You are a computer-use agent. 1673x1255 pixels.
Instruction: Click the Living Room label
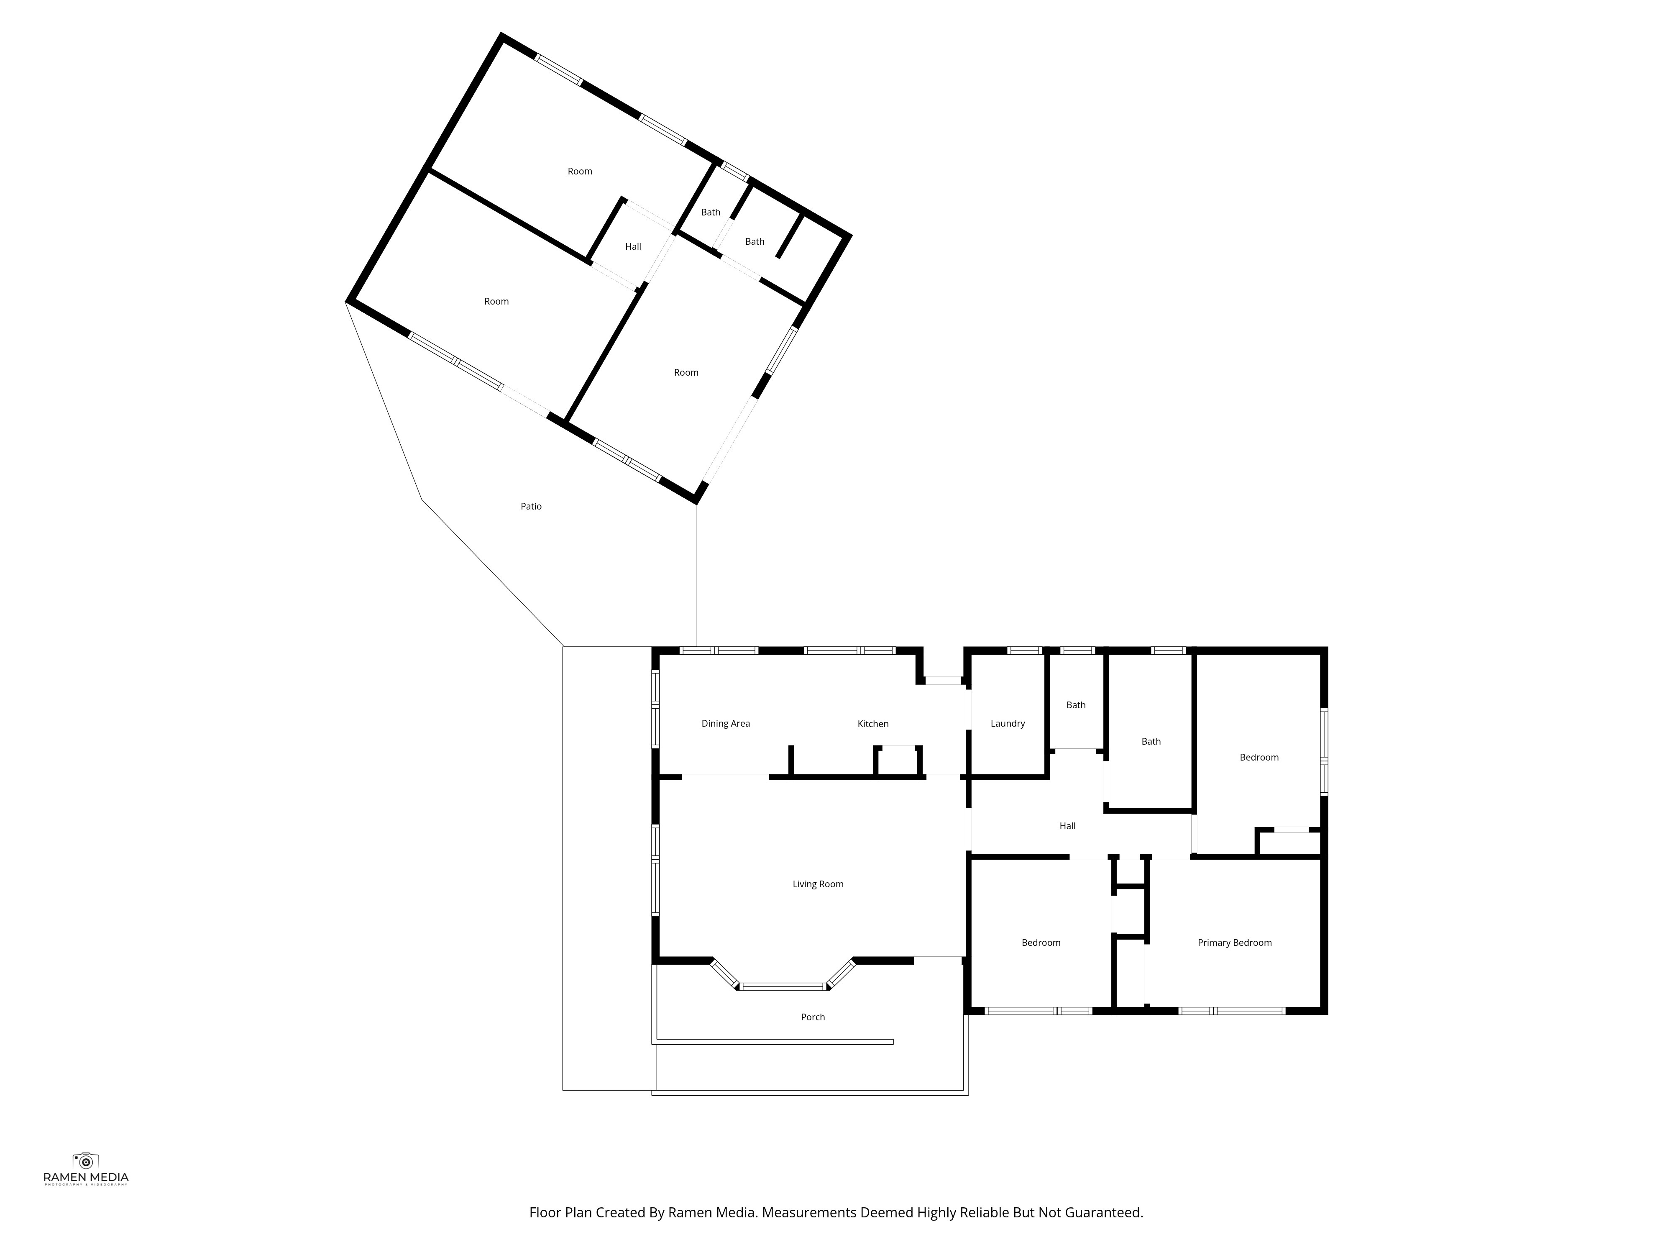point(818,884)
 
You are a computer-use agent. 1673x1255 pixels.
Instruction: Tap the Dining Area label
point(725,723)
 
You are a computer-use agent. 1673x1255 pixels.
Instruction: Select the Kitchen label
point(873,724)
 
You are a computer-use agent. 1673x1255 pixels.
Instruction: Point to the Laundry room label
point(1008,723)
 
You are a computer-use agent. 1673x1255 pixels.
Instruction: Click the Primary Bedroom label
point(1234,943)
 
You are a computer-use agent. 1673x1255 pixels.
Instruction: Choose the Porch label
point(813,1017)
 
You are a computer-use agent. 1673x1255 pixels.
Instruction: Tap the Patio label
point(531,506)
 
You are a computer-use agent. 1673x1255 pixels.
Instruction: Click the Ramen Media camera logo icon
point(85,1160)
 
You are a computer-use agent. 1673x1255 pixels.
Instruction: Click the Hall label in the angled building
point(633,247)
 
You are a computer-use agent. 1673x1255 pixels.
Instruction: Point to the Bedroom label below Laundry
point(1041,943)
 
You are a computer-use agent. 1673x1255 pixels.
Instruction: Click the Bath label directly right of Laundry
point(1075,705)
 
